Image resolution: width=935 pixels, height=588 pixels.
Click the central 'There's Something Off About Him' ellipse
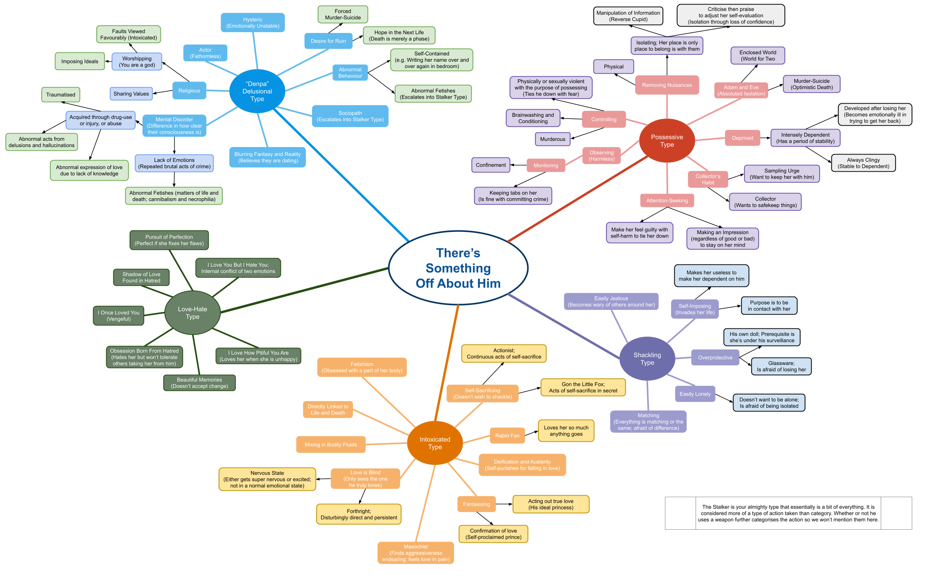click(458, 268)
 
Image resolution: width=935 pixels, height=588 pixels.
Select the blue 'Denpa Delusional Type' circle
click(257, 91)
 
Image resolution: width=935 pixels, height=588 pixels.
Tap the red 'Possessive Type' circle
click(667, 141)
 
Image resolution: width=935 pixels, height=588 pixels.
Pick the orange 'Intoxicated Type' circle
click(435, 443)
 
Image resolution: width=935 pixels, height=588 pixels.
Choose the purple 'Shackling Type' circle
click(647, 358)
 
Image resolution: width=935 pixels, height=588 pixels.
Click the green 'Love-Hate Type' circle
click(192, 313)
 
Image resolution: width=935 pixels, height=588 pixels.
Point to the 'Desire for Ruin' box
click(328, 41)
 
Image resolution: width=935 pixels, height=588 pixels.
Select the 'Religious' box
click(189, 91)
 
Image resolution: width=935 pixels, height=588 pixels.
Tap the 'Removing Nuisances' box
click(667, 85)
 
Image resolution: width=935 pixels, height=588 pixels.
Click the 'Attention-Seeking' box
click(667, 200)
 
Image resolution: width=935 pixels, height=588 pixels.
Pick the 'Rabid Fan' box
click(507, 435)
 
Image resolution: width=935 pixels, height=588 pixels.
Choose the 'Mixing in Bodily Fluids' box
click(331, 444)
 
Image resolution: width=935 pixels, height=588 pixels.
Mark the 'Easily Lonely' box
click(695, 394)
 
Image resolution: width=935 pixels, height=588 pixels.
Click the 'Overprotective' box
click(715, 357)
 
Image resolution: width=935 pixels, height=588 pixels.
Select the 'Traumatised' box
click(61, 94)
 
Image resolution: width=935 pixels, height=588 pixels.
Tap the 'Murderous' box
click(552, 139)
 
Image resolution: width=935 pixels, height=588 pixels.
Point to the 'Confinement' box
click(490, 165)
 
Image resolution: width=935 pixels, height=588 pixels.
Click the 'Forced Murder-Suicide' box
click(343, 14)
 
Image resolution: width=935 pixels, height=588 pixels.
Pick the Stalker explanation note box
click(788, 513)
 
